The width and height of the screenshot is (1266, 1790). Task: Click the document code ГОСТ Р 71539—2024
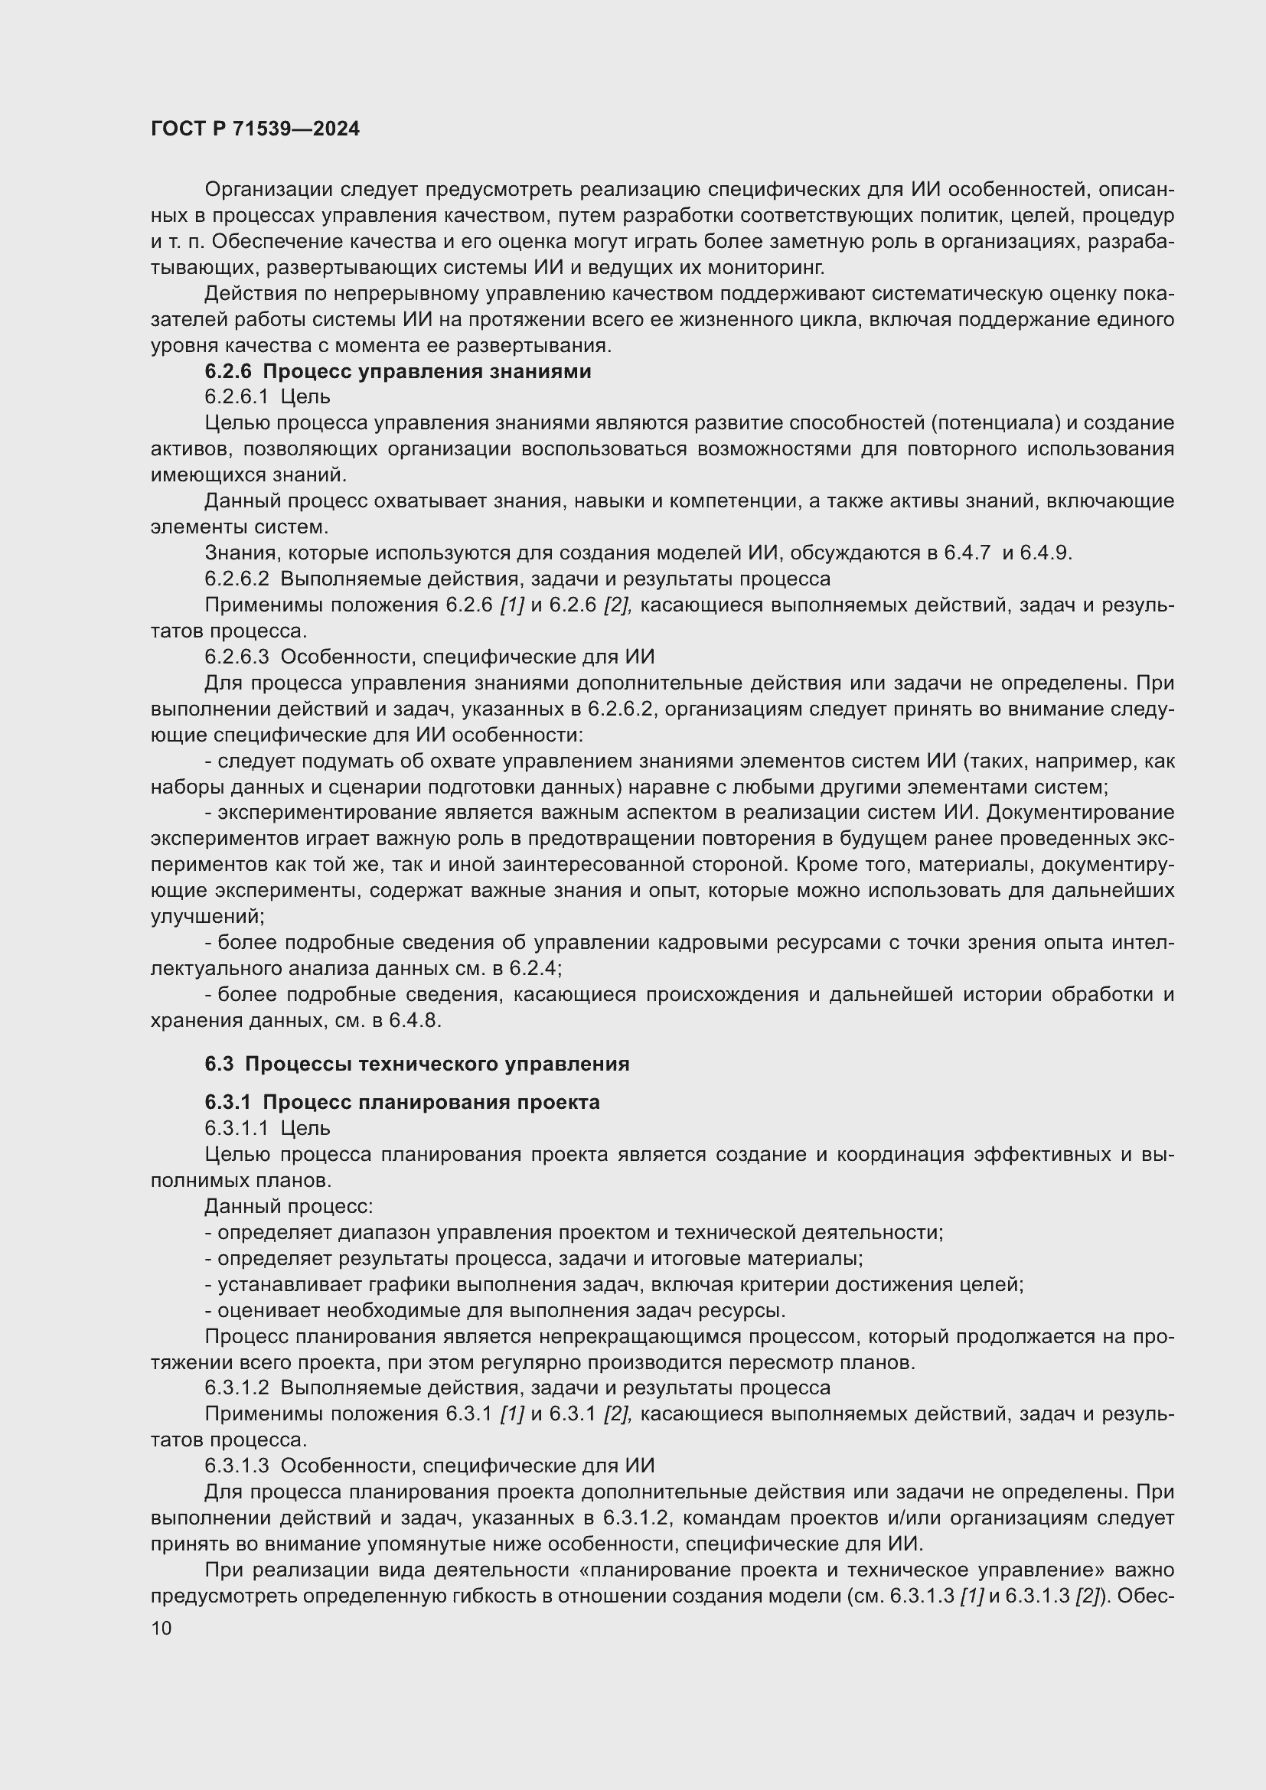pos(255,129)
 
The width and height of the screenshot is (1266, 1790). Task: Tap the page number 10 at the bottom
pos(162,1629)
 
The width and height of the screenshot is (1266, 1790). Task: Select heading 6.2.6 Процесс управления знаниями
pos(397,372)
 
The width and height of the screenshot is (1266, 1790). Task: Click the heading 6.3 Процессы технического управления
pos(417,1065)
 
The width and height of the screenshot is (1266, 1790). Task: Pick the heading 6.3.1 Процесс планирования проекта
pos(403,1102)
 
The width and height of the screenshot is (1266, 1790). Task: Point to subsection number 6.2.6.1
pos(237,398)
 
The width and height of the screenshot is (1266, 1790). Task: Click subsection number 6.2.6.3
pos(237,657)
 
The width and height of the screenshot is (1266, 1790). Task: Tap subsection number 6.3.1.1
pos(237,1128)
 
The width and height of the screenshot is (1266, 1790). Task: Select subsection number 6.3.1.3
pos(237,1466)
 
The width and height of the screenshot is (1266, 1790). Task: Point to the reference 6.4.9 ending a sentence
pos(1046,553)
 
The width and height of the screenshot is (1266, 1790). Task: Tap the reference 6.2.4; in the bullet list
pos(537,969)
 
